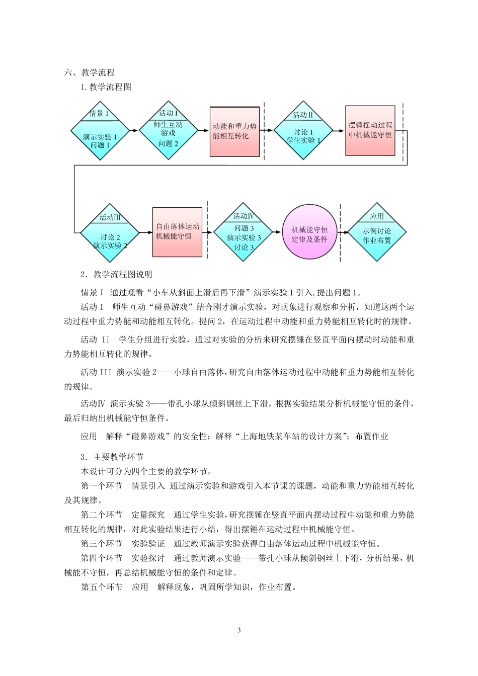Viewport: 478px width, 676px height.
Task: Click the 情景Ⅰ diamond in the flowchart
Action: click(x=99, y=131)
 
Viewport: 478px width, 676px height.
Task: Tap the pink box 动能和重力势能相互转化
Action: click(x=234, y=131)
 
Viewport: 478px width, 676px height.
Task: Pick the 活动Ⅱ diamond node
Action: click(x=302, y=130)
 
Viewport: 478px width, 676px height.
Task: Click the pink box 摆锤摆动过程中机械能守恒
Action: click(x=370, y=130)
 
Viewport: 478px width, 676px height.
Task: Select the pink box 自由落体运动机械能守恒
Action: click(x=177, y=231)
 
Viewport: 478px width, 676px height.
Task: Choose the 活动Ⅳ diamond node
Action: click(x=244, y=232)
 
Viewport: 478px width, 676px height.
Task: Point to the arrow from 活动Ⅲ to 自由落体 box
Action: click(x=145, y=232)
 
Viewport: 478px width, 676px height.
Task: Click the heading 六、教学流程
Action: click(x=90, y=73)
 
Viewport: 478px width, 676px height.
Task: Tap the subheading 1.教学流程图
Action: click(x=106, y=88)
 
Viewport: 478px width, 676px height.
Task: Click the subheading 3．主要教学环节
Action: click(x=112, y=457)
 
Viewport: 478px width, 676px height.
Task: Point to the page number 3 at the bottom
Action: click(x=239, y=630)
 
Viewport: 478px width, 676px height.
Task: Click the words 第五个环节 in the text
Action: click(x=101, y=587)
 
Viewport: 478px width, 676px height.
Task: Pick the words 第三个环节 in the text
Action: click(x=101, y=544)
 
